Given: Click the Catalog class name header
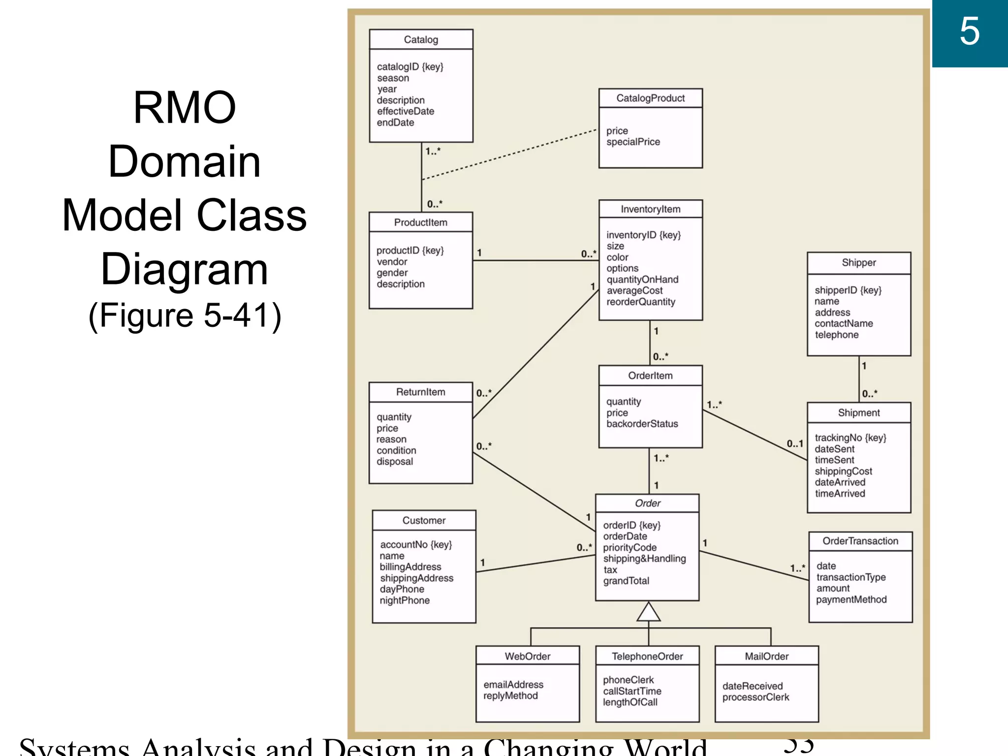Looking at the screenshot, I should point(421,39).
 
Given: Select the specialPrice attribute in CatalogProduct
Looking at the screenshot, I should point(633,142).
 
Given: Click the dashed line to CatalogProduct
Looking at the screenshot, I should point(509,154).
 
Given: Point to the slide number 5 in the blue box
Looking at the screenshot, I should point(969,31).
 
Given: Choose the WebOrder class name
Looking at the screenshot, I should point(527,656).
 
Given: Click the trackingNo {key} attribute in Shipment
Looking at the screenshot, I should point(850,438).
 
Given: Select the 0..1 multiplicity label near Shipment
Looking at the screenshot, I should point(794,443).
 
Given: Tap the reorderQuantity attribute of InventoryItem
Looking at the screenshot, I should point(640,302).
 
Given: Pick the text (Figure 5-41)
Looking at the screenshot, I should point(185,315).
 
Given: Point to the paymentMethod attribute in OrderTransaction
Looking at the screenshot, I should point(851,599).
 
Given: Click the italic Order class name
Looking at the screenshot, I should point(647,503).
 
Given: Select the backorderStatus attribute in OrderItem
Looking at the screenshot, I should point(642,424).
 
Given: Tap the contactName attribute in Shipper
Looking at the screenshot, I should point(844,323).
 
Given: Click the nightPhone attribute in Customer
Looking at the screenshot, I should point(405,600).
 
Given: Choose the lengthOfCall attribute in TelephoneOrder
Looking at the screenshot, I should point(630,702).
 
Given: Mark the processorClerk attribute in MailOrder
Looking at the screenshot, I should point(756,697).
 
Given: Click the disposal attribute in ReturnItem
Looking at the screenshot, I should point(395,462).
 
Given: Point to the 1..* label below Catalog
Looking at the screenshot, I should point(433,151).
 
